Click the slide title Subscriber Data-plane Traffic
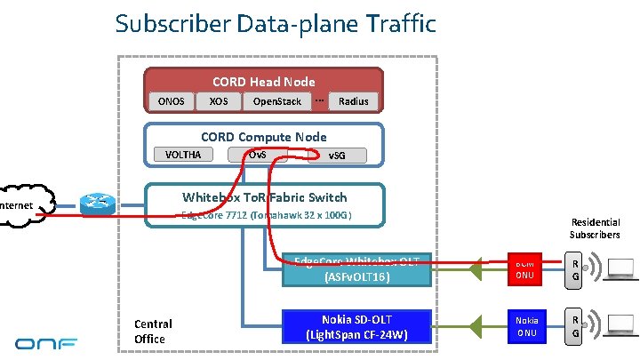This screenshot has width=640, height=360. click(276, 23)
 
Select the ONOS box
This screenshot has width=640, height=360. click(172, 101)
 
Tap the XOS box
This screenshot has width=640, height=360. click(218, 101)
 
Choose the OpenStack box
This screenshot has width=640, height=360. click(276, 101)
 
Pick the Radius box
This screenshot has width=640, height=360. click(354, 101)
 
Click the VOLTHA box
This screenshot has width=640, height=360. click(184, 155)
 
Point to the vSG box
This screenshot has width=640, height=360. click(337, 156)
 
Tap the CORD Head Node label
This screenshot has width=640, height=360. click(263, 82)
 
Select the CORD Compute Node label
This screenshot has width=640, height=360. click(263, 137)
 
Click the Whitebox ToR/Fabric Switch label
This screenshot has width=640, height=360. click(264, 197)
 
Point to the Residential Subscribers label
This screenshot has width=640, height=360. click(595, 228)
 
